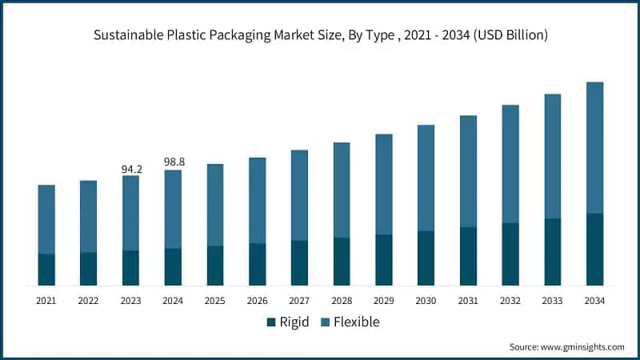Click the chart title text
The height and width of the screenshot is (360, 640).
point(320,34)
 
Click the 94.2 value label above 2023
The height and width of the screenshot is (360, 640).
point(131,169)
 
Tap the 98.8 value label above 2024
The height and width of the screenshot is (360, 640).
point(174,162)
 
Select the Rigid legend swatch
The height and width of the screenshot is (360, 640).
point(271,322)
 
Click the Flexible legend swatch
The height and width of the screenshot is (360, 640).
point(325,322)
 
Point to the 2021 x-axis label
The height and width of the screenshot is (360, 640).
point(46,301)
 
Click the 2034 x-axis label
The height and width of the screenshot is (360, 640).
point(594,301)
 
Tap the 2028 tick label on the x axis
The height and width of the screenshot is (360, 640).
point(342,301)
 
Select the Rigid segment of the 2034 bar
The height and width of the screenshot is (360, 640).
point(594,250)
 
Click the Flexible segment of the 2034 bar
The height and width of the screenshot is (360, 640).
point(594,148)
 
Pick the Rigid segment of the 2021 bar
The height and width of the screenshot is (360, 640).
point(46,270)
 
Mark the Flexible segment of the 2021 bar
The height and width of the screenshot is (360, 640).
point(46,219)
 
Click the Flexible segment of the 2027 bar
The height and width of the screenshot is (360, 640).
point(299,195)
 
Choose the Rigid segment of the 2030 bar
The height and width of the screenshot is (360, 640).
point(426,258)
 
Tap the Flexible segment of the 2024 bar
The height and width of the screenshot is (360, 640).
point(173,209)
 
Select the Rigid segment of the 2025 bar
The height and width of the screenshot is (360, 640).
point(215,266)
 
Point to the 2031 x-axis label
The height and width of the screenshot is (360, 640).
point(468,301)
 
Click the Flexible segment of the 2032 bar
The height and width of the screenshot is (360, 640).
point(510,164)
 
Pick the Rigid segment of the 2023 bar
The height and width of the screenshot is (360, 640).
point(130,268)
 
